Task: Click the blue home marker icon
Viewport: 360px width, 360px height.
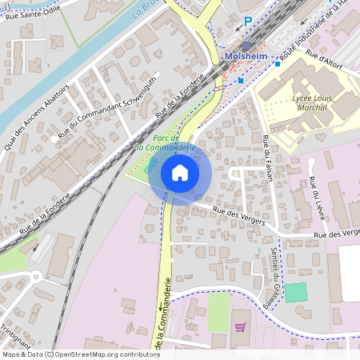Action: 180,173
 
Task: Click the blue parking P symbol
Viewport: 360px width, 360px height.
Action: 248,22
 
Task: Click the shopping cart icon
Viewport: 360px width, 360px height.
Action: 240,326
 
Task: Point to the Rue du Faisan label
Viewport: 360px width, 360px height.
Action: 268,158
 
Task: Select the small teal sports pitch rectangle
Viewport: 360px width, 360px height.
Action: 295,292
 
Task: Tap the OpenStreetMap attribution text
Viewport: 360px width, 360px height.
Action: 70,354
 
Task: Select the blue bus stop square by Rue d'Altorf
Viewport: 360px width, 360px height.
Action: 277,63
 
